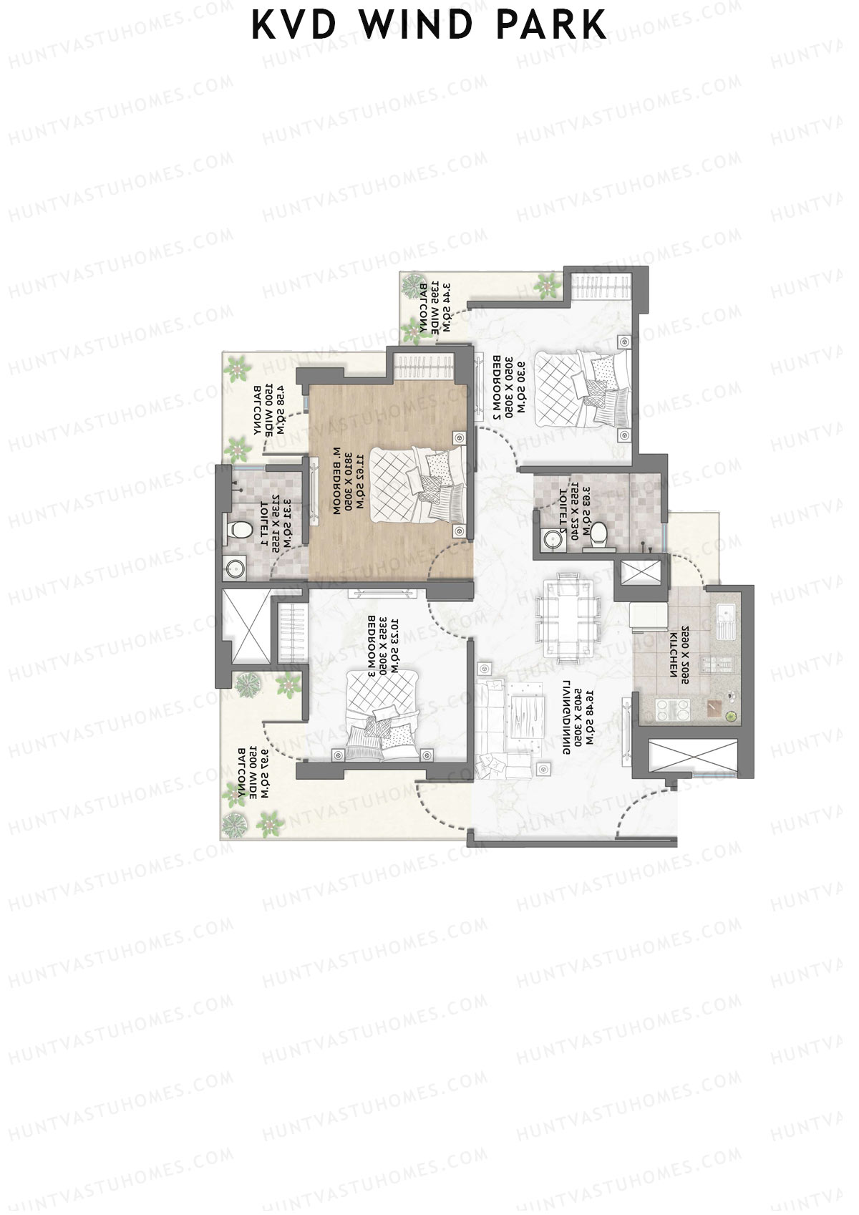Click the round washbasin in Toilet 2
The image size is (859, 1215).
[x=551, y=539]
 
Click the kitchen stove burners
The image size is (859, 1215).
[x=677, y=710]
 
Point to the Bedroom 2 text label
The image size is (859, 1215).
[x=501, y=387]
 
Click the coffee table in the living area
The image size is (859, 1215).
[x=526, y=716]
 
